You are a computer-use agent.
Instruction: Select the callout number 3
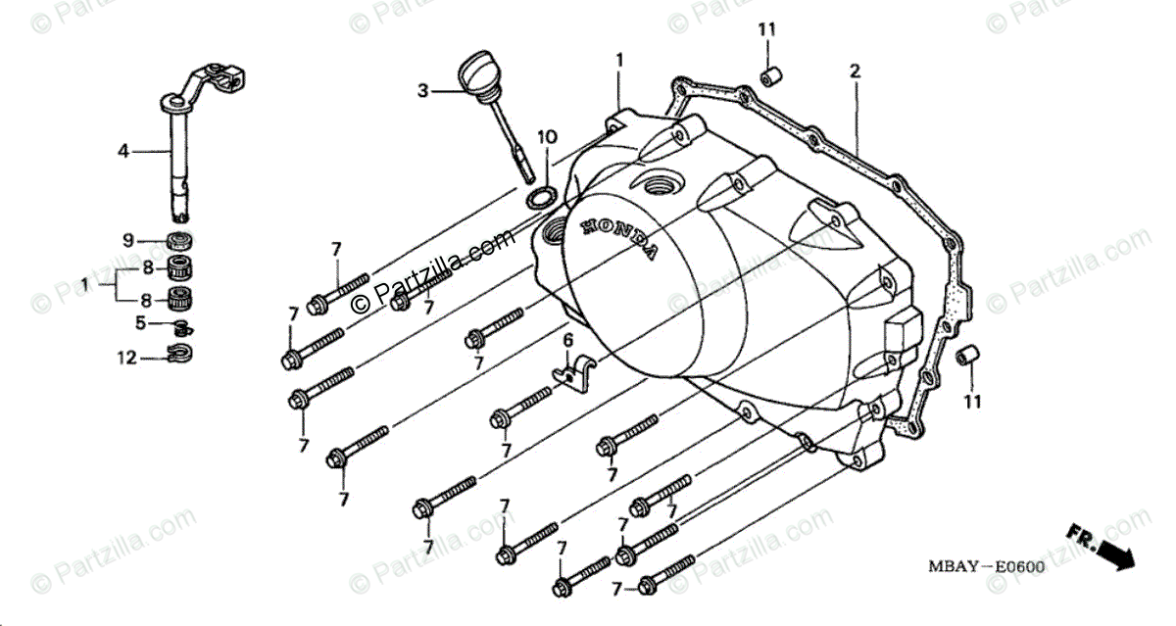422,91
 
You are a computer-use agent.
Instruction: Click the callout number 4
123,151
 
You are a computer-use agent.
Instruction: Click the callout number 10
546,135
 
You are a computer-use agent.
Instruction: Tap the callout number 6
566,340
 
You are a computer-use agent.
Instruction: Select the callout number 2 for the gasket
855,71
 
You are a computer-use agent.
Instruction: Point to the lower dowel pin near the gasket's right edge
966,355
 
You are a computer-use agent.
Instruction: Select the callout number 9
127,240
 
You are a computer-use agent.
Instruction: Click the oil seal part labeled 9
177,240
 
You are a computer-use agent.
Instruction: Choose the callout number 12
127,358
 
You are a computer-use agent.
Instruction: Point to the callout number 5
140,321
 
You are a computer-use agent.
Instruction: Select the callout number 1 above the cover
619,60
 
